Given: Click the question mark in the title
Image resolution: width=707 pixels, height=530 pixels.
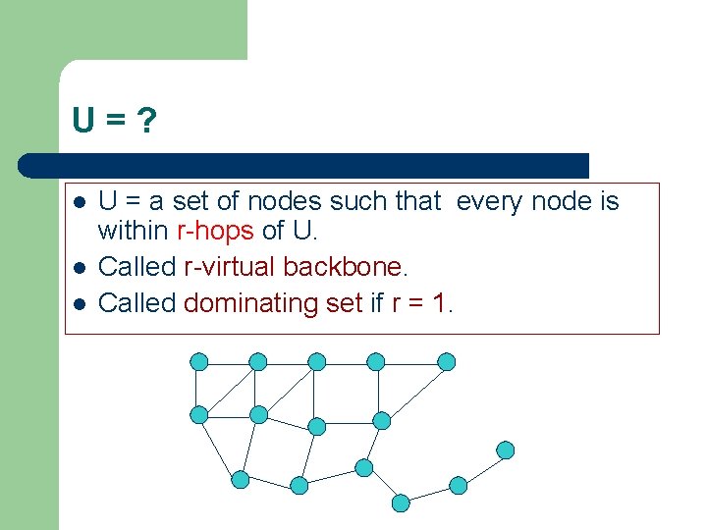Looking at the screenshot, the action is tap(146, 122).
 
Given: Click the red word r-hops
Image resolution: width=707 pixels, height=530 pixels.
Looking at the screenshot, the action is tap(215, 233).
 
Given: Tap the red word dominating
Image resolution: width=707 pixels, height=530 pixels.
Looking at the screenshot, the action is tap(247, 302).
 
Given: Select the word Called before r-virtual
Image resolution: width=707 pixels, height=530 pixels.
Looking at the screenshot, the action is tap(137, 266).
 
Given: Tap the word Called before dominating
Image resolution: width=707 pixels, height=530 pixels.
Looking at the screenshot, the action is tap(137, 302).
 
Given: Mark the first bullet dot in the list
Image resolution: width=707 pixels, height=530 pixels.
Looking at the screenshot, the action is tap(80, 202).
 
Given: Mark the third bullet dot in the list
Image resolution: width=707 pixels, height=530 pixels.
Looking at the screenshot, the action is tap(80, 303).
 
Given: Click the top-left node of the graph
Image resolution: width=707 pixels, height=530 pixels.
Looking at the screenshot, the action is tap(199, 361).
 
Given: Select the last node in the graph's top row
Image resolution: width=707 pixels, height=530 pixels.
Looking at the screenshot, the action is tap(446, 361).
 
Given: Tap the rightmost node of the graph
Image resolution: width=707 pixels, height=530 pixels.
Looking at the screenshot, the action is tap(505, 450).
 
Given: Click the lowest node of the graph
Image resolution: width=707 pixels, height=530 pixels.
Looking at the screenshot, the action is tap(401, 503).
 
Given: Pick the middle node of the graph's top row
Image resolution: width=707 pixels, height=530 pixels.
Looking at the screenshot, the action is tap(317, 361).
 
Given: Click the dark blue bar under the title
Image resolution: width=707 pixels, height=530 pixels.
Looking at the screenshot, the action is tap(304, 165).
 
